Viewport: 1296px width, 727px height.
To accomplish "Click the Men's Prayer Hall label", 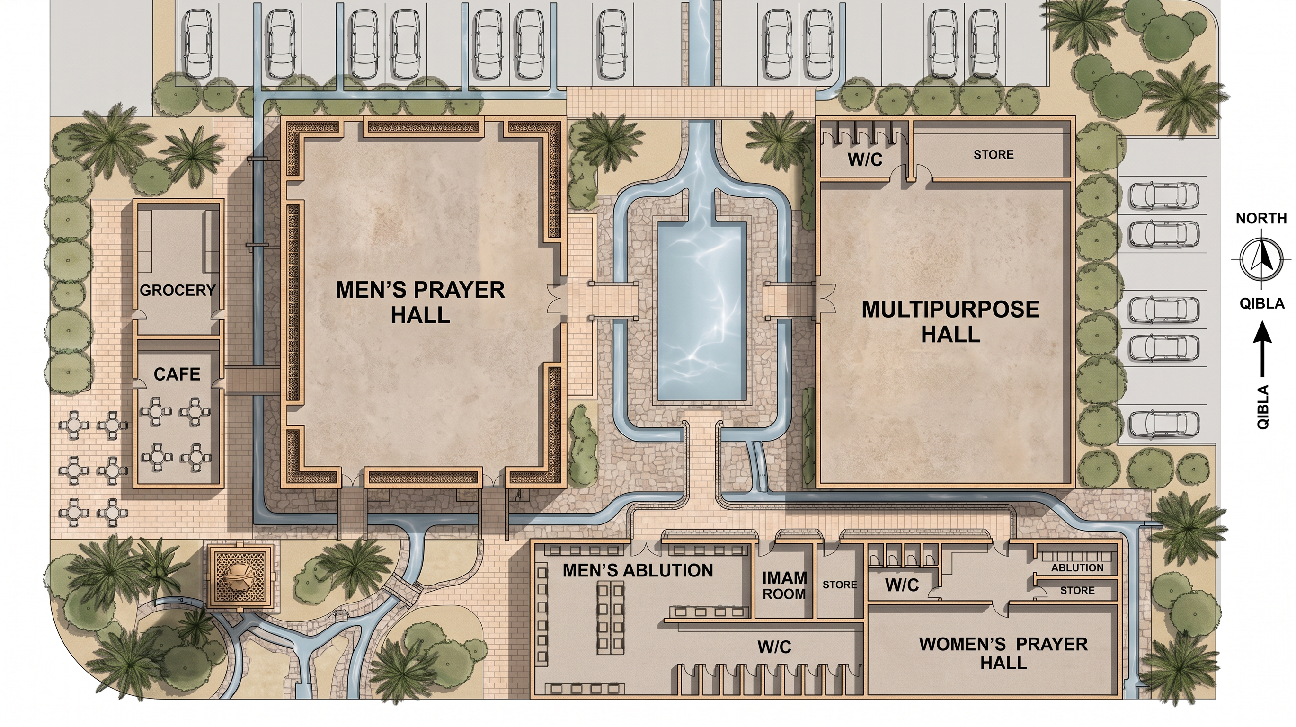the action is (x=420, y=302).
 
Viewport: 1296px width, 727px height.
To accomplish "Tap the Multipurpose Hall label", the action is (x=950, y=321).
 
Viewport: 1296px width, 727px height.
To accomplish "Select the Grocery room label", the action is (x=178, y=290).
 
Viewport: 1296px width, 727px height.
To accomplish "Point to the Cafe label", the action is (x=177, y=374).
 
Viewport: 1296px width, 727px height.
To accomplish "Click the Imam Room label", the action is (x=784, y=585).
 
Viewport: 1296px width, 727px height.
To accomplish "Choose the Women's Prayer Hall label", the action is (x=1003, y=653).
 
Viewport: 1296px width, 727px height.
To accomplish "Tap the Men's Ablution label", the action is (x=638, y=570).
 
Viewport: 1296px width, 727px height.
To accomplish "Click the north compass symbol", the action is (x=1261, y=259).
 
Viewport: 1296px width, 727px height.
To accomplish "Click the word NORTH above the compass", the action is (x=1261, y=218).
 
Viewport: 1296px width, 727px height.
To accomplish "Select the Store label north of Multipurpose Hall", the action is (x=994, y=154).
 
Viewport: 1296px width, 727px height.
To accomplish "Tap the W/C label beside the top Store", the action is (x=865, y=160).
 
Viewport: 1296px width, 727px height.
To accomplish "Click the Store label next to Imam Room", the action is (x=840, y=585).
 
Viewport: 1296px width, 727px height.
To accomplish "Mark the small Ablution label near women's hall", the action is (x=1077, y=567).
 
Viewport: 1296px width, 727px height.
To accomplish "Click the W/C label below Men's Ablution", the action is (x=774, y=647).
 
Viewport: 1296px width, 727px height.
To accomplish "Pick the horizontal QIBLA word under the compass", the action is (x=1261, y=303).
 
